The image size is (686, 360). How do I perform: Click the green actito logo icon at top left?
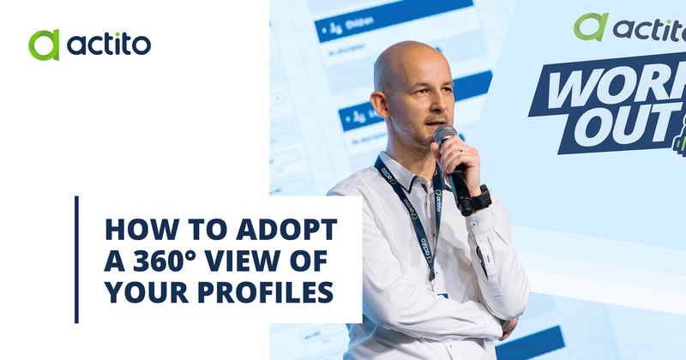pos(44,45)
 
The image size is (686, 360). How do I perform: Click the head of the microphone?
pos(445,136)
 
